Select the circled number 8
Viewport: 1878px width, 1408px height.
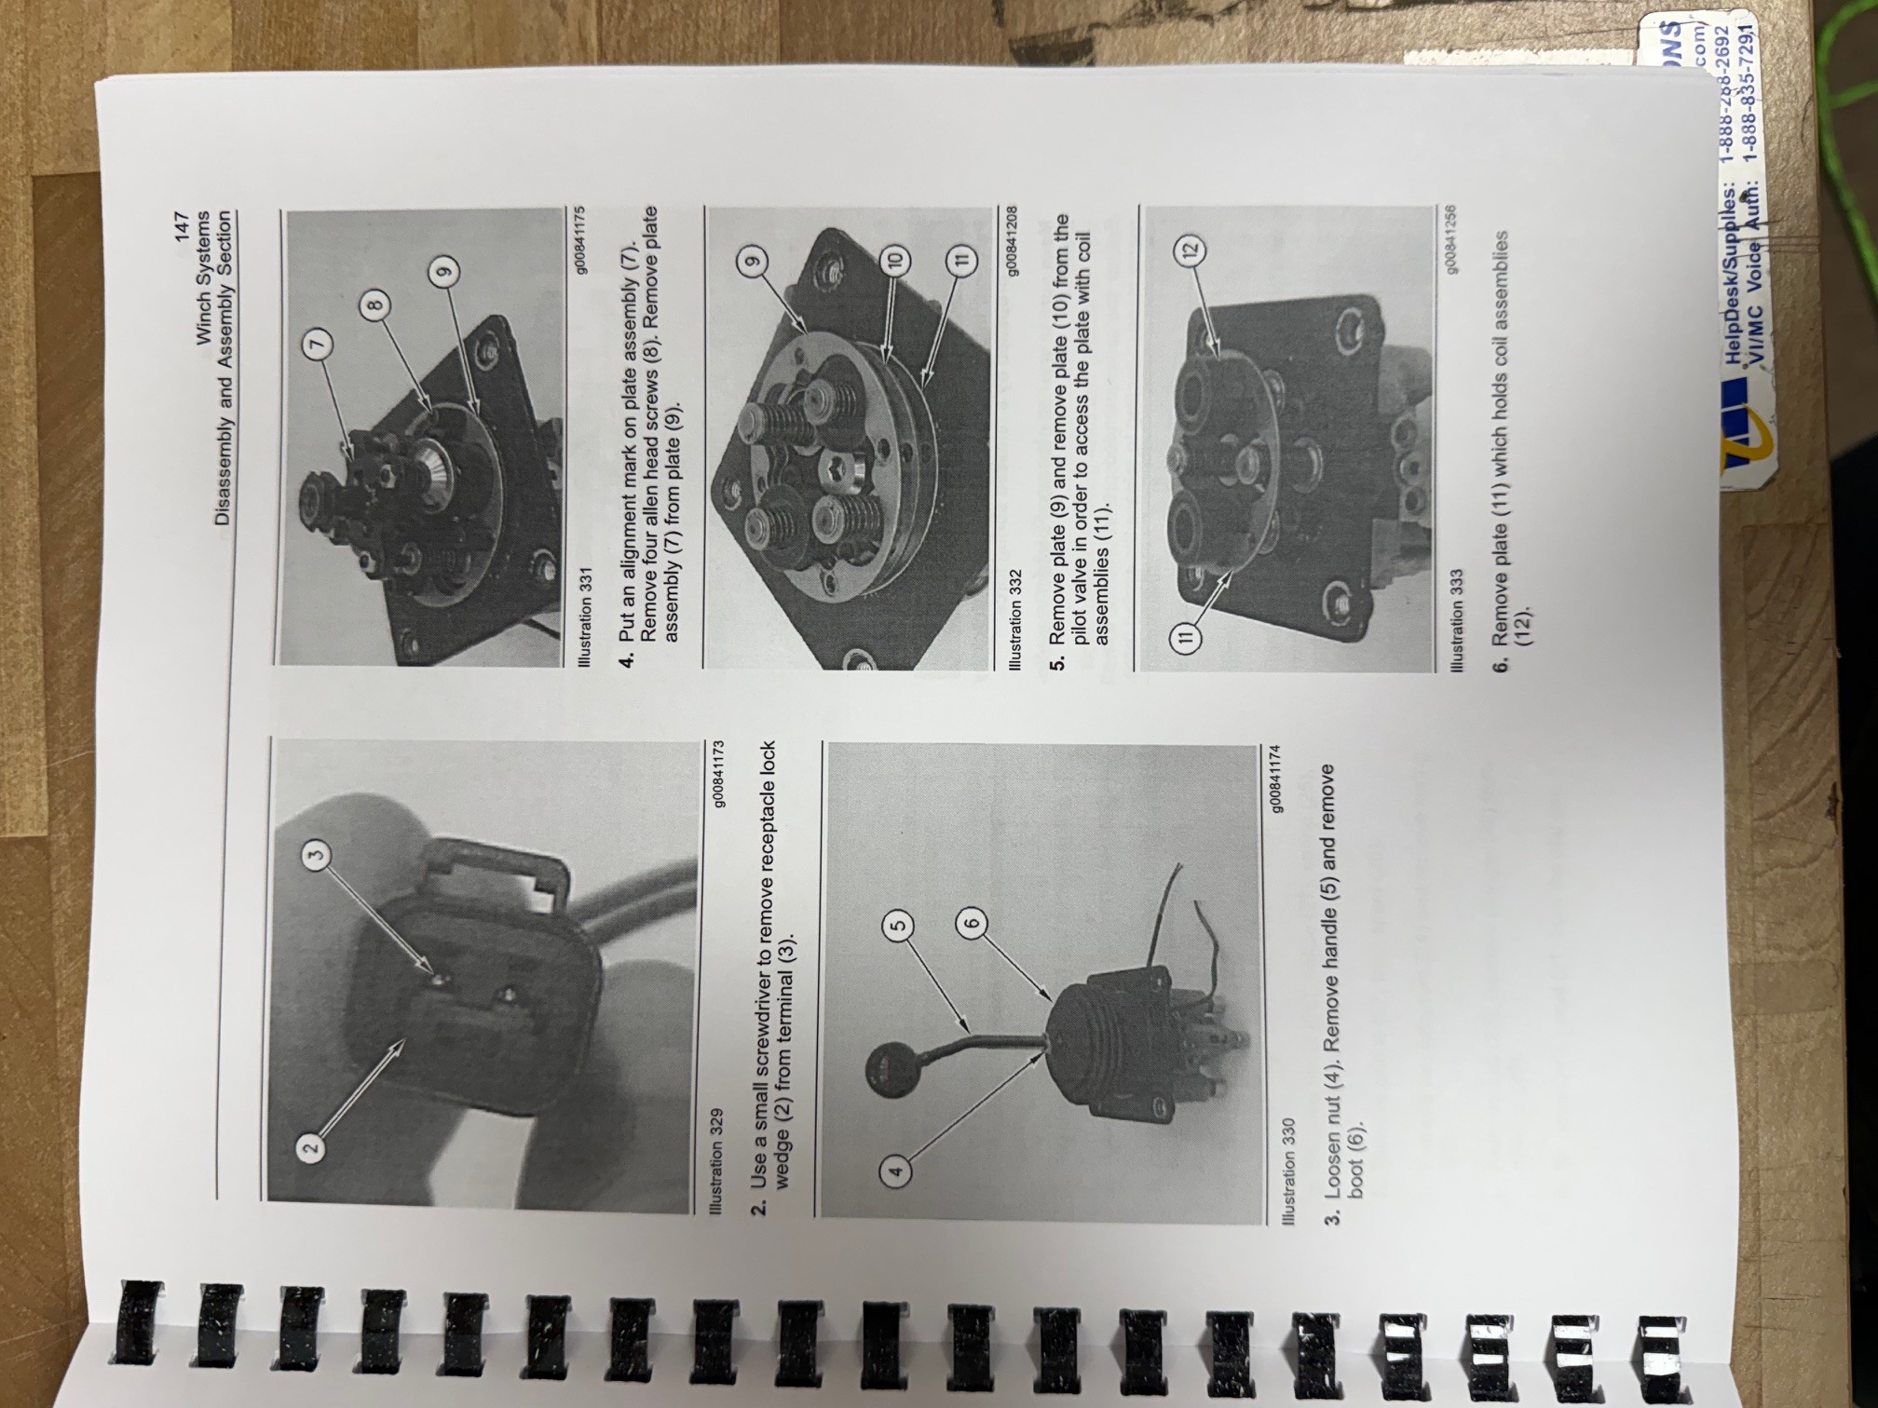374,304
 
